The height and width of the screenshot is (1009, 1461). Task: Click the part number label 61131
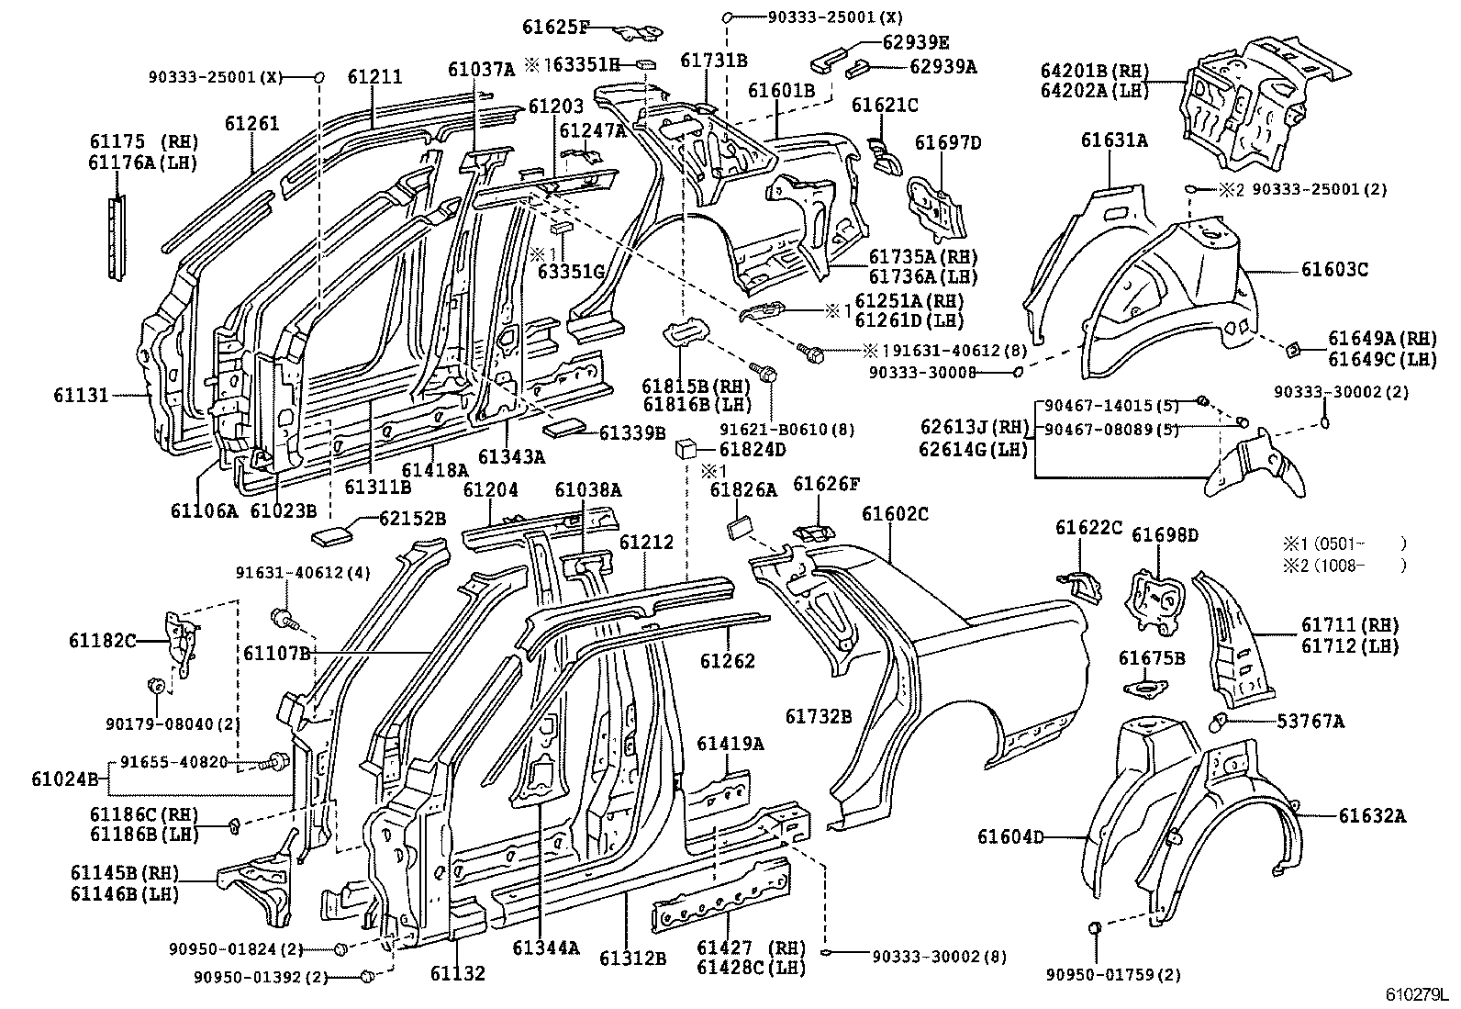[x=81, y=395]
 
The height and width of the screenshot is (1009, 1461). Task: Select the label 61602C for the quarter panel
[x=895, y=514]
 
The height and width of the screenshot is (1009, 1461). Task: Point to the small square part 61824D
[x=686, y=450]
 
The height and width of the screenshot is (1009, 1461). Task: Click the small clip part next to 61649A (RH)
[x=1293, y=348]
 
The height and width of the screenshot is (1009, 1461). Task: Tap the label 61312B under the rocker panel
[x=632, y=958]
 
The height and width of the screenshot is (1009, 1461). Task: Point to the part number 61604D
[x=1010, y=836]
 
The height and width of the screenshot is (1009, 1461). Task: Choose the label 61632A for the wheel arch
[x=1371, y=815]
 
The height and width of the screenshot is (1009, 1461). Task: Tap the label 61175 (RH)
[x=143, y=142]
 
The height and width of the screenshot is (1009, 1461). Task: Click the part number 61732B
[x=819, y=716]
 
